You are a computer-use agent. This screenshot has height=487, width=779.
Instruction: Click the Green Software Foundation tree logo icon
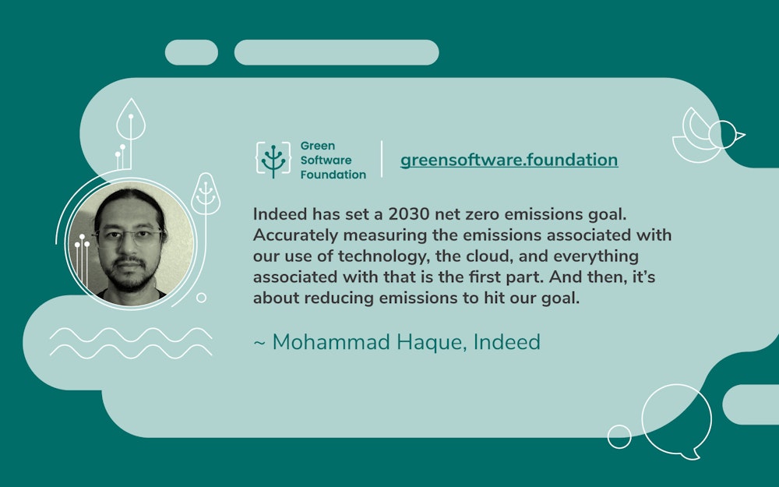(273, 159)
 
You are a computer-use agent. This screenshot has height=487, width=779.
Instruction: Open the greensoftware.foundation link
(509, 160)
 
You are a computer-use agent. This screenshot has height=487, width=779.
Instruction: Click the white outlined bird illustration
(707, 136)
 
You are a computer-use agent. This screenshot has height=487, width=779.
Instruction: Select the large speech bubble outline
(676, 420)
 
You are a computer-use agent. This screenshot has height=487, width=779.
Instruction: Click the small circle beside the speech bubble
(619, 436)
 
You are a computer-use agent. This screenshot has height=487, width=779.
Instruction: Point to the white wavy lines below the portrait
(130, 341)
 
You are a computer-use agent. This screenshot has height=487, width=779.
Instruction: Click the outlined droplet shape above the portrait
(131, 118)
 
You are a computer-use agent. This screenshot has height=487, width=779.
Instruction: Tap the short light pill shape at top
(192, 52)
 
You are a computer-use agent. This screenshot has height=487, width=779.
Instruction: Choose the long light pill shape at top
(337, 52)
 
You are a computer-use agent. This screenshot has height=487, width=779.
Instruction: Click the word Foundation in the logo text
(333, 175)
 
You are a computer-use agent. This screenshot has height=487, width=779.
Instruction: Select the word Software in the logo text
(326, 160)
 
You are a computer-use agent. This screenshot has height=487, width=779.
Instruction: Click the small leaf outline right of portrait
(206, 192)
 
